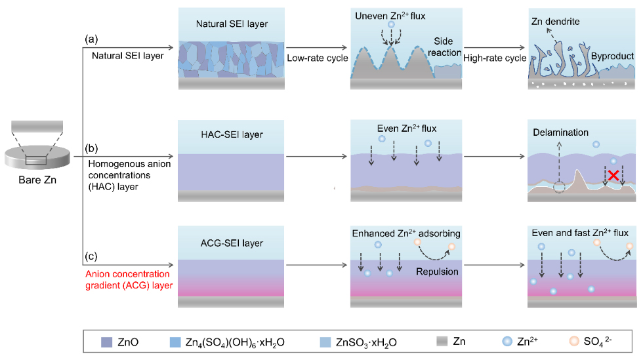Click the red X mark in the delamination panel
612,175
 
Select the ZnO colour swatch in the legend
107,342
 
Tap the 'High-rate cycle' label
495,58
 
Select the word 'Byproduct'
612,56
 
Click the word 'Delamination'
561,132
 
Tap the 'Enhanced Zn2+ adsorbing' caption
406,234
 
